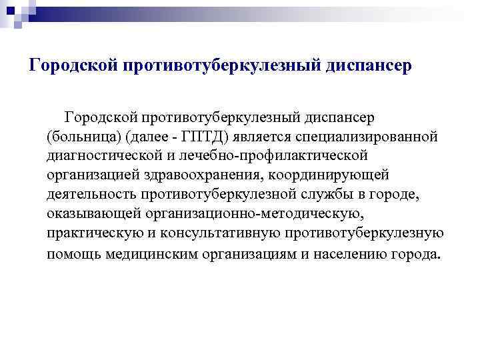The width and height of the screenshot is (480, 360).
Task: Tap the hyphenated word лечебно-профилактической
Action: point(272,156)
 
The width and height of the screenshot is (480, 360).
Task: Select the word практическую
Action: point(93,234)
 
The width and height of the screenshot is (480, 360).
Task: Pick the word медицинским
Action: point(148,254)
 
